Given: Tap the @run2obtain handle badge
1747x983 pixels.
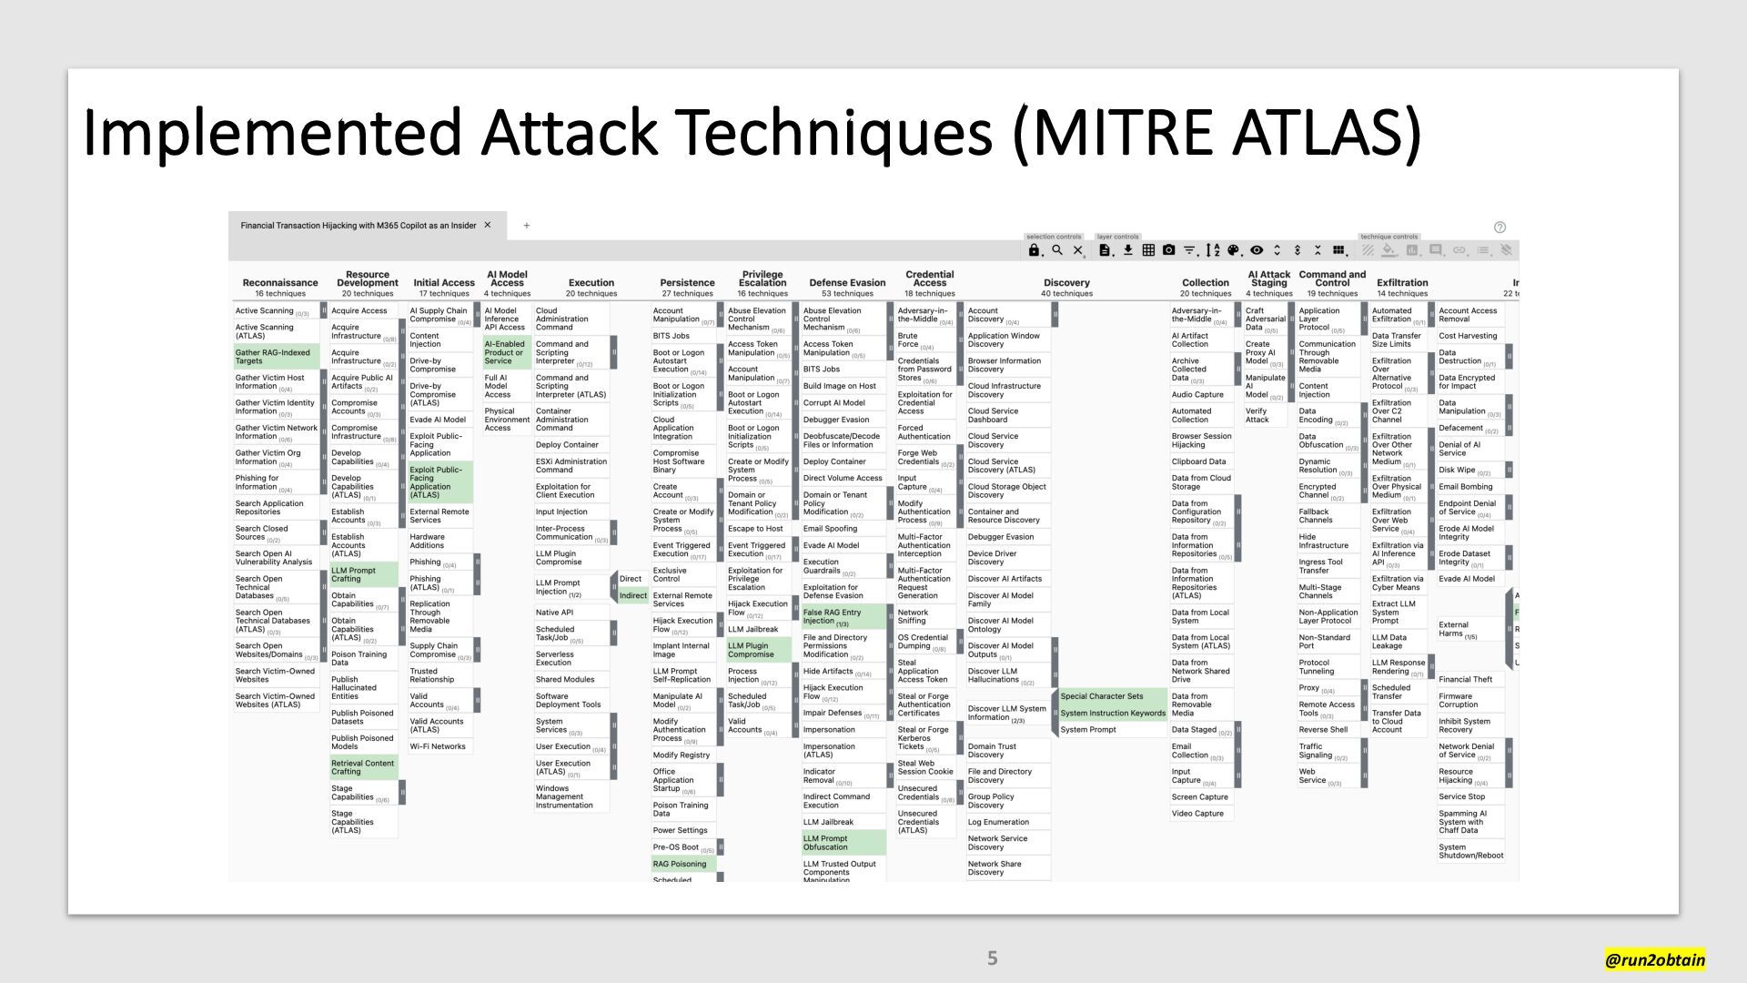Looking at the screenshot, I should (1654, 959).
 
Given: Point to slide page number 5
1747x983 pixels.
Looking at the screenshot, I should (992, 958).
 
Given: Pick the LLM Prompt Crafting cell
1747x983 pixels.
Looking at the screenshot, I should (363, 574).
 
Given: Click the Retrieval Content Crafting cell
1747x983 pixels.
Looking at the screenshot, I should (363, 767).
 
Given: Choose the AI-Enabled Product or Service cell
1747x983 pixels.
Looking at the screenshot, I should (506, 352).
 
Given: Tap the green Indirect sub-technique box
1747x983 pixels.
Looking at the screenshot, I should (632, 596).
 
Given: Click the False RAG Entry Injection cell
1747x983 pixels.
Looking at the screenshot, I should (843, 617).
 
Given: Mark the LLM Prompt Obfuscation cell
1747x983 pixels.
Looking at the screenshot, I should (843, 843).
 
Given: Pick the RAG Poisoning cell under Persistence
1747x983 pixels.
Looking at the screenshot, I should (683, 864).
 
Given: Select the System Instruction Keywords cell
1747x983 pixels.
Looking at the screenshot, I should (1112, 713).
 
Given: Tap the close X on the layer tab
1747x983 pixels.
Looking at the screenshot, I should (488, 225).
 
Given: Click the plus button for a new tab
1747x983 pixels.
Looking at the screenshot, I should (527, 226).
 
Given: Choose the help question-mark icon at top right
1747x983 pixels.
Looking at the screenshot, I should (1500, 228).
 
